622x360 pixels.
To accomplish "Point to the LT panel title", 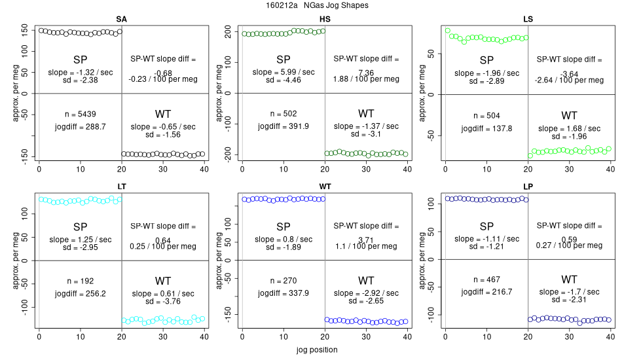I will [121, 186].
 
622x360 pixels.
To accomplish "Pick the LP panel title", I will [528, 186].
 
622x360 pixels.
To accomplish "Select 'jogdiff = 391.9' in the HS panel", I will [284, 126].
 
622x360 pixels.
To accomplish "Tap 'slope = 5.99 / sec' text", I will [284, 72].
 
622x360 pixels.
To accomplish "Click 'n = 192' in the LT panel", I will [81, 281].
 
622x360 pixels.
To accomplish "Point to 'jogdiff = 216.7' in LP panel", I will [486, 292].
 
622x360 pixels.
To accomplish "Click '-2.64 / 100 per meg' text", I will [568, 80].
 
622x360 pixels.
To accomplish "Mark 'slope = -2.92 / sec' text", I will [366, 293].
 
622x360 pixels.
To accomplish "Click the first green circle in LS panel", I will [448, 30].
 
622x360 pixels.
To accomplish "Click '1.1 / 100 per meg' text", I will [366, 246].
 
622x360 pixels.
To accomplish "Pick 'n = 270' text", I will [284, 281].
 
